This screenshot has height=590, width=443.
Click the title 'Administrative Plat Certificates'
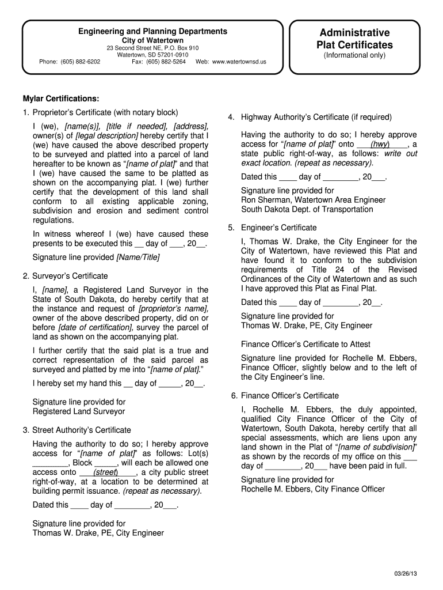coord(354,39)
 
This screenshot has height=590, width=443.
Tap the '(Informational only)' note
coord(354,55)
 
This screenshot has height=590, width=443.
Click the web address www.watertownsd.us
coord(239,61)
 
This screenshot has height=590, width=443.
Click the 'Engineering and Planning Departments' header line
coord(152,31)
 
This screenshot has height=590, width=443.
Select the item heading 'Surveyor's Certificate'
coord(70,276)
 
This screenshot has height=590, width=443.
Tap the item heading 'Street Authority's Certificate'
coord(81,430)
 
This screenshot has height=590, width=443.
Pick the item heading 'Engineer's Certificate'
coord(279,228)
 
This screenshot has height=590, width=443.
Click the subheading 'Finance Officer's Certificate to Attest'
coord(305,344)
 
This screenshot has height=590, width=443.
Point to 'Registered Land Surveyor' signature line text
coord(79,411)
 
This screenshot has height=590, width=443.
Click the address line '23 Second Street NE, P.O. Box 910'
coord(152,47)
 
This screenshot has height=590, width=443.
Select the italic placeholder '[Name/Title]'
coord(138,257)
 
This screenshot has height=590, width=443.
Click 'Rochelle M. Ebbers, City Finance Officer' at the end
coord(313,489)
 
